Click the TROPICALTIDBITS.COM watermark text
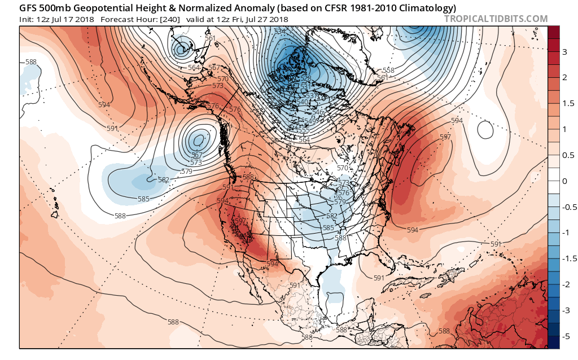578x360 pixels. [496, 19]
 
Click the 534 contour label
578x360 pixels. [279, 32]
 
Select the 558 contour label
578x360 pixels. [389, 71]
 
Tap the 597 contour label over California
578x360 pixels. [240, 221]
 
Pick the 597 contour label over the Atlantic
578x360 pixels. [445, 137]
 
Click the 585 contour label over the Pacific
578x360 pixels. [144, 199]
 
